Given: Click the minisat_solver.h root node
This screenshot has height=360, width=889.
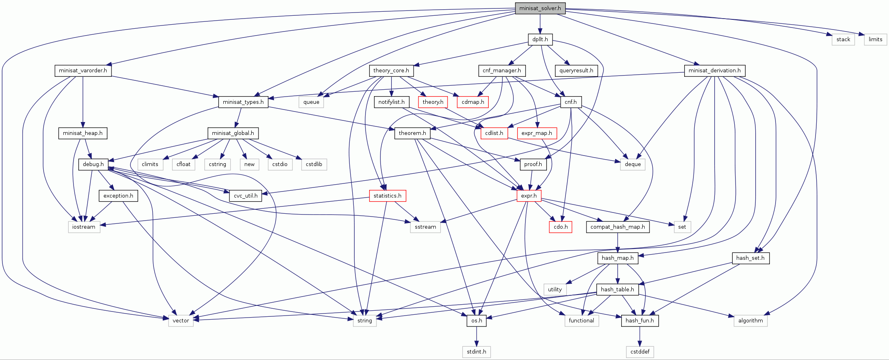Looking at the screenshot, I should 540,8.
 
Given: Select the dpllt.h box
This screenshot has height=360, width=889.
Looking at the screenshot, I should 540,39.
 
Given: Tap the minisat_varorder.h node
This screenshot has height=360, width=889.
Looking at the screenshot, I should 83,70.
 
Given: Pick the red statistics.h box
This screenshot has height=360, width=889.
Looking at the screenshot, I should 387,196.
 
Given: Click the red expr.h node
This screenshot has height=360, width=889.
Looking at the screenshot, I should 529,196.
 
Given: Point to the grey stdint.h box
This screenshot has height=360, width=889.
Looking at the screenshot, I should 477,352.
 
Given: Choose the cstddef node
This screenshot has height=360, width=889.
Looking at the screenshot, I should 640,352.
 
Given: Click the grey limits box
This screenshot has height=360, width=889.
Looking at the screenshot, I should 875,39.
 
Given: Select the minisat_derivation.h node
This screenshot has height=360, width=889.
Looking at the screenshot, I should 715,70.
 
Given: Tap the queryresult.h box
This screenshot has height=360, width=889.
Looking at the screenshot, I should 576,70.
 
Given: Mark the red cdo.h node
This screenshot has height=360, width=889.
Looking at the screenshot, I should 561,227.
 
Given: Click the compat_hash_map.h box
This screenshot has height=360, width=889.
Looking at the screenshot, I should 618,227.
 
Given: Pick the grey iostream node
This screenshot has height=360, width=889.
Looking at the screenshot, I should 84,227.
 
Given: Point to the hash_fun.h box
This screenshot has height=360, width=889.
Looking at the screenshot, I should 640,320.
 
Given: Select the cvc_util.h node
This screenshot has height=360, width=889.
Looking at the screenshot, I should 246,196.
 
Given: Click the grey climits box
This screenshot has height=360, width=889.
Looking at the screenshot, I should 150,164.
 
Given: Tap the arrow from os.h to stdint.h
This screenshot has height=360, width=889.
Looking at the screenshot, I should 477,336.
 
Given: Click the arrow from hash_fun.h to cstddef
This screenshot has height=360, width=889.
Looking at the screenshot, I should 640,336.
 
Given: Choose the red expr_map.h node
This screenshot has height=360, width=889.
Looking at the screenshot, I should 536,133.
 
